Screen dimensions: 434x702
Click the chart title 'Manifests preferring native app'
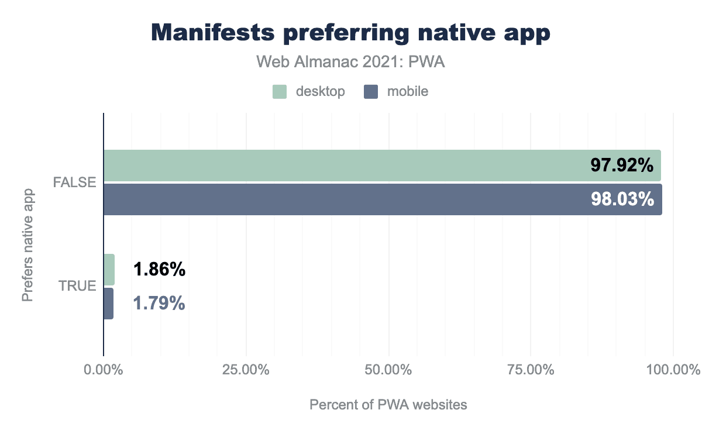tap(351, 33)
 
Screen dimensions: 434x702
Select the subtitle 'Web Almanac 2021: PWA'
tap(351, 62)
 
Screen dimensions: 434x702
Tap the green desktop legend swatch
tap(279, 91)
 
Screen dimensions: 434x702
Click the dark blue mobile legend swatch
tap(371, 91)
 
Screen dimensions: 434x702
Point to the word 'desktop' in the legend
tap(320, 91)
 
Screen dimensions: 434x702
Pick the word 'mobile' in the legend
tap(407, 91)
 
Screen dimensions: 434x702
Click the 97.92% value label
tap(621, 166)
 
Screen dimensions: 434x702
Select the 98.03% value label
tap(621, 199)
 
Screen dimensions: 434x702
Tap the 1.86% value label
tap(159, 270)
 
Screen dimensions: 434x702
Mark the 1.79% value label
tap(159, 304)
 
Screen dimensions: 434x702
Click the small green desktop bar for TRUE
tap(109, 270)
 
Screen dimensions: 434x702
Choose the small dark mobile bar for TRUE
tap(108, 304)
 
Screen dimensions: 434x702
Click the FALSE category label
tap(74, 182)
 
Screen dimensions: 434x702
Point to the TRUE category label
tap(77, 287)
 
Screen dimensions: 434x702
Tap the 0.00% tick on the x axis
tap(104, 370)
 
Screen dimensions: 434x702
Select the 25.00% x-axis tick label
tap(246, 370)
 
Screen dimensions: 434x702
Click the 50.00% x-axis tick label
tap(389, 370)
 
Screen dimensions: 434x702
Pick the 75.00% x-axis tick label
tap(531, 370)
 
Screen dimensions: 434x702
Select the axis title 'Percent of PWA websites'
tap(388, 405)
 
